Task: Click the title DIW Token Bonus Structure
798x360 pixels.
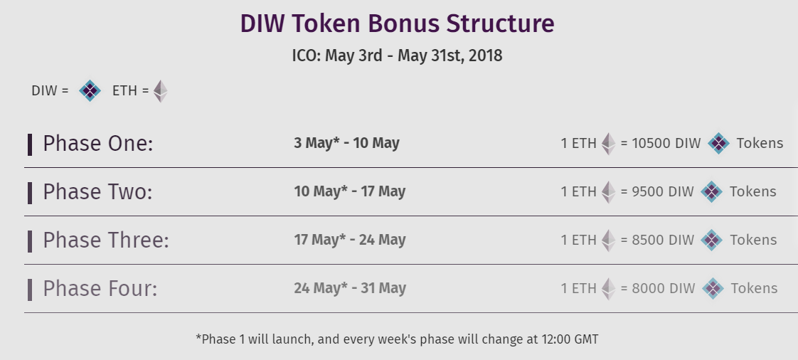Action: pyautogui.click(x=397, y=24)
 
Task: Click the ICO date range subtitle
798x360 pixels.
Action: pyautogui.click(x=397, y=55)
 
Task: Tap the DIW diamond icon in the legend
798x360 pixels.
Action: pyautogui.click(x=90, y=90)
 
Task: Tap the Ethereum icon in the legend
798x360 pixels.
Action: pyautogui.click(x=160, y=91)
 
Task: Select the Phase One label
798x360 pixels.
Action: pyautogui.click(x=97, y=144)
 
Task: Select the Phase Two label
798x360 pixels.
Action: pyautogui.click(x=97, y=192)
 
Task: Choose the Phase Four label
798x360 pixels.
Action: pyautogui.click(x=100, y=289)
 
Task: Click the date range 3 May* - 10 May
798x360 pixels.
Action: pyautogui.click(x=346, y=143)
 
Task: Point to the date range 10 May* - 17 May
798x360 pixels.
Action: pyautogui.click(x=350, y=191)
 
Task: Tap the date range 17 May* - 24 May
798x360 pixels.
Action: pyautogui.click(x=350, y=240)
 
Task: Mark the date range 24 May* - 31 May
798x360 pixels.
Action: pyautogui.click(x=350, y=288)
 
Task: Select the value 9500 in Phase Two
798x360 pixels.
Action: pyautogui.click(x=647, y=192)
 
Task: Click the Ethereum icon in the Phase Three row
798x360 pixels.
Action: pyautogui.click(x=608, y=240)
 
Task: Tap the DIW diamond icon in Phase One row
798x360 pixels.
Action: pyautogui.click(x=718, y=144)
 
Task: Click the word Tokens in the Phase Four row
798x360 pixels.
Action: pyautogui.click(x=754, y=289)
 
